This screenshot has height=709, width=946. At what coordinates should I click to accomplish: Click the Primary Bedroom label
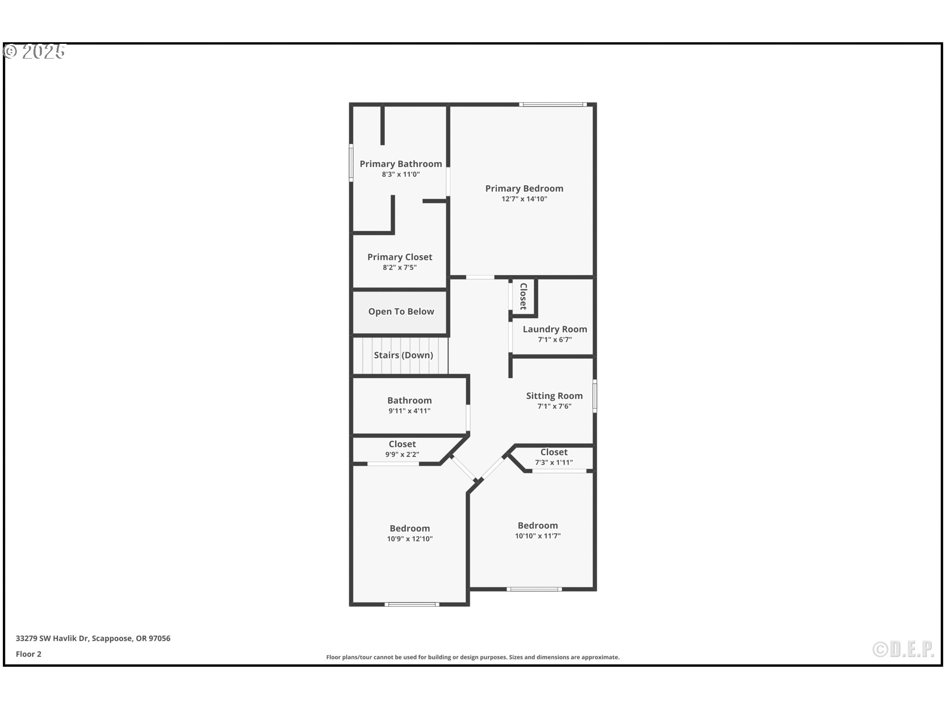[x=524, y=189]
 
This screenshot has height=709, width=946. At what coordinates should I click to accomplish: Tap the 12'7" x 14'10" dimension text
[x=524, y=199]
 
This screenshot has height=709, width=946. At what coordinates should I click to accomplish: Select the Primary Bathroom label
[x=401, y=164]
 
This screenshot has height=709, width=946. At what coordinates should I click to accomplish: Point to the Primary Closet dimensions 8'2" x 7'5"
[x=400, y=267]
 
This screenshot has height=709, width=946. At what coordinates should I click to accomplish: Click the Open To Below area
[x=401, y=312]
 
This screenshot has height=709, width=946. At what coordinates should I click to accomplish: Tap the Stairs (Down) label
[x=403, y=355]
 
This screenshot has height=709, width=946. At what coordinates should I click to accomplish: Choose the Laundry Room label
[x=555, y=329]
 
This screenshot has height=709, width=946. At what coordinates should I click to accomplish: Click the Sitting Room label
[x=554, y=396]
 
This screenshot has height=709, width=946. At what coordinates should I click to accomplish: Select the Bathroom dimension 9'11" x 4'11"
[x=409, y=411]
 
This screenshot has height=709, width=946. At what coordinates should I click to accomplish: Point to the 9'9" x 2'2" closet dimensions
[x=402, y=454]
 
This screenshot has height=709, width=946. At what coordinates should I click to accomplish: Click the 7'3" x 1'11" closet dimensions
[x=554, y=462]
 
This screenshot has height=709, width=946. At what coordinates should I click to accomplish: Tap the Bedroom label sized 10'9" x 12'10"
[x=409, y=528]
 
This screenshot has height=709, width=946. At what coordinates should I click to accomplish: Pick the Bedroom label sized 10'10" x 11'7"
[x=538, y=525]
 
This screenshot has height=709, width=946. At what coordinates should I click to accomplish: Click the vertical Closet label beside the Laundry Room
[x=524, y=296]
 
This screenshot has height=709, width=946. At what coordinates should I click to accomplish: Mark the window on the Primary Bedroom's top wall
[x=553, y=104]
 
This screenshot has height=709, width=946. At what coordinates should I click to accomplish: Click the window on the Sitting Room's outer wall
[x=595, y=395]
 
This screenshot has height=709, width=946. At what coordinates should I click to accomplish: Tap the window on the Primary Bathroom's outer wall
[x=351, y=162]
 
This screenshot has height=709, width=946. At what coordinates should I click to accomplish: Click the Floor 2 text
[x=29, y=654]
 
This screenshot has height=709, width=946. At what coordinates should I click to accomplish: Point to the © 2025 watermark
[x=34, y=51]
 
